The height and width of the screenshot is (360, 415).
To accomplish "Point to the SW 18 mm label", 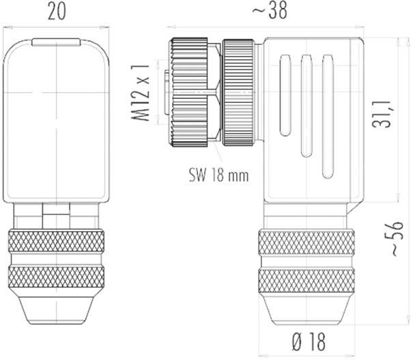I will pyautogui.click(x=218, y=175).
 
